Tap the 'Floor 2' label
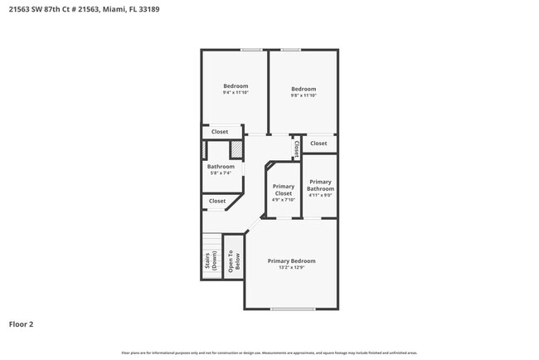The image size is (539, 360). coord(22,324)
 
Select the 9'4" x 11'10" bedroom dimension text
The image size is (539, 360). coord(236,93)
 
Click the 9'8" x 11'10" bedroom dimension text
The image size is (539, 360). coord(303,95)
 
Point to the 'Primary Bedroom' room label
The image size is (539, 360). coord(291,260)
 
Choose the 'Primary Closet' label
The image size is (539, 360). coord(284,190)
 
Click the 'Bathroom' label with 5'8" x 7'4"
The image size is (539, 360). coord(221,167)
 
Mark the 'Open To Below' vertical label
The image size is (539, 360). coord(234,262)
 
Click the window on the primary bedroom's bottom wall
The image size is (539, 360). coord(293,309)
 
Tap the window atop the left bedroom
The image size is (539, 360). coord(251,50)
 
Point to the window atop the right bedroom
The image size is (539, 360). coord(290,50)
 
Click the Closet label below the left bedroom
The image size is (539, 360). coord(220,132)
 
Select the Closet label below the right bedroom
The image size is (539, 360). coord(318,144)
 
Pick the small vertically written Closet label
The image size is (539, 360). coord(295,148)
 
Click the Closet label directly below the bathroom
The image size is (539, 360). coord(217,201)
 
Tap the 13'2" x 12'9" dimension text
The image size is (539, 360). coord(291,268)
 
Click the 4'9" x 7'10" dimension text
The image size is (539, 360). coord(284,199)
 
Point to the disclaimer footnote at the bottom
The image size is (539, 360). coord(269,353)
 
